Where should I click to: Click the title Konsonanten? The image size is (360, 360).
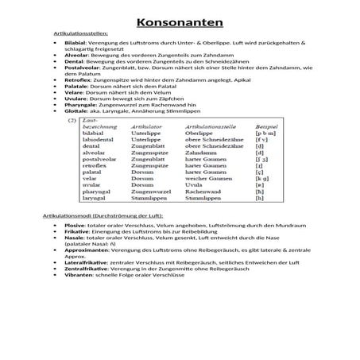pos(179,21)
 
